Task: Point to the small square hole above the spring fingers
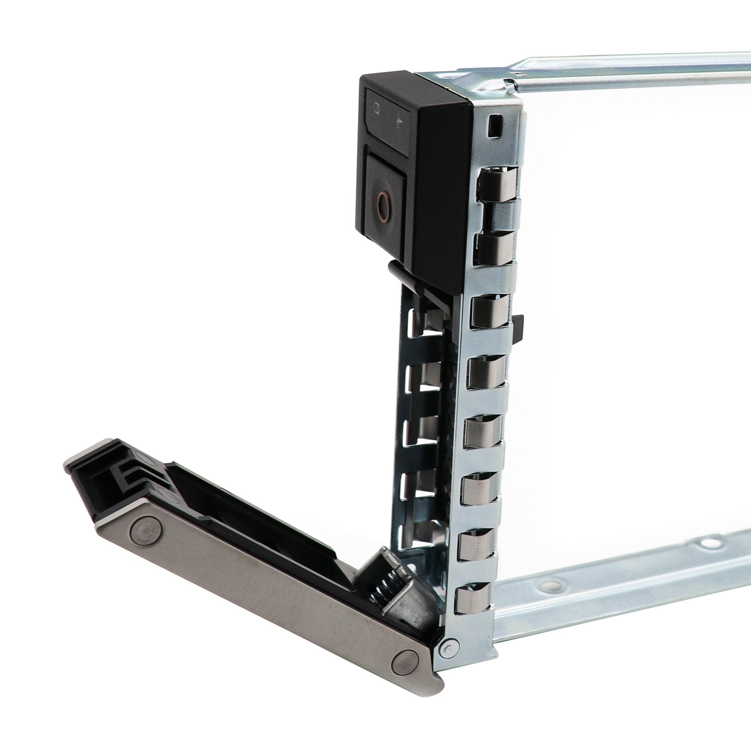tap(494, 125)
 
